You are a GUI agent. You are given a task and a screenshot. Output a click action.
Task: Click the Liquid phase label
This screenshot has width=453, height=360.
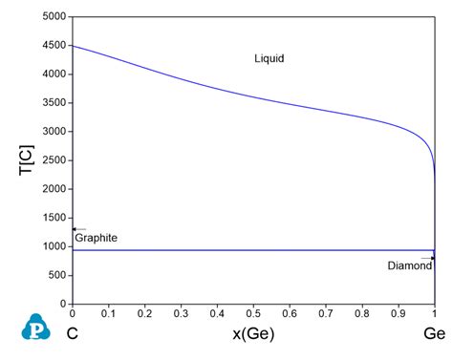pos(270,58)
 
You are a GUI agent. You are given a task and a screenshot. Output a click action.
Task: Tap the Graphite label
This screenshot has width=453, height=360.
pos(96,238)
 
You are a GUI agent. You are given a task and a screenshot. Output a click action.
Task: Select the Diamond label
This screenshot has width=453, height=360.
pos(410,265)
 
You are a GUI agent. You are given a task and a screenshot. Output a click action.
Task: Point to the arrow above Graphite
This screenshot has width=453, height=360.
pos(79,229)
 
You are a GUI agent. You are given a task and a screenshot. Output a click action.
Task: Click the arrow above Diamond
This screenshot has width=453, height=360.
pos(428,258)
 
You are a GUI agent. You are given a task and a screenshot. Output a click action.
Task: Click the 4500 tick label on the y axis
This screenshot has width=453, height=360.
pos(54,45)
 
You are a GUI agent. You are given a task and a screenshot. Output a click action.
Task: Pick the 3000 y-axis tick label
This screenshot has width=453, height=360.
pos(54,131)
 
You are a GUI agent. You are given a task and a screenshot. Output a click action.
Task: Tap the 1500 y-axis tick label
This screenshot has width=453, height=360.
pos(54,218)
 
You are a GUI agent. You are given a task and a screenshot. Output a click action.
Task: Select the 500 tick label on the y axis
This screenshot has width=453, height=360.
pos(57,275)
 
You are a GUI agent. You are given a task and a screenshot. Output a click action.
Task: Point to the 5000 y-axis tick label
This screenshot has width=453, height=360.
pos(54,16)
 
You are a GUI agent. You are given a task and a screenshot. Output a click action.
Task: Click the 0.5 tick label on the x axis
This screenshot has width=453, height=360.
pos(253,313)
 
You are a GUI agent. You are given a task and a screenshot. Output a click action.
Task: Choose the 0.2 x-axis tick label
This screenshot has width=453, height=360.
pos(144,313)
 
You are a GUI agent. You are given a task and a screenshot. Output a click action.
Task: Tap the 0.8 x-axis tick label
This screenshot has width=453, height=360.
pos(362,313)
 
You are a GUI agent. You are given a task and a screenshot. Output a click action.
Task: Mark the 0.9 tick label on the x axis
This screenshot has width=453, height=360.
pos(399,313)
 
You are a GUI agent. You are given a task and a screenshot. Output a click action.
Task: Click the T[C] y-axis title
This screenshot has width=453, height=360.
pos(26,160)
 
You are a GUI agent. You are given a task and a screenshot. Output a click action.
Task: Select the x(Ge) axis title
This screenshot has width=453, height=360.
pos(253,334)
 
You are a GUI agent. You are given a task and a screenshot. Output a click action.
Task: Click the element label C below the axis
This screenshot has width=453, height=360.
pos(73,333)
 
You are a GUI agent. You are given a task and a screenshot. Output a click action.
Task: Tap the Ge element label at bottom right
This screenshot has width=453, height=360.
pos(434,333)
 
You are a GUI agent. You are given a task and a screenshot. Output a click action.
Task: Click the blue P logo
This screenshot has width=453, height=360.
pos(35,327)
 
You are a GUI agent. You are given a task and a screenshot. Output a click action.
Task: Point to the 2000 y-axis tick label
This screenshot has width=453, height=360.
pos(54,189)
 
